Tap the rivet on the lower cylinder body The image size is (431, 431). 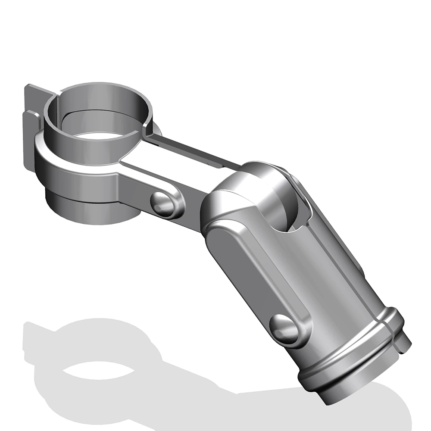pos(284,328)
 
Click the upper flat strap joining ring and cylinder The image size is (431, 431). pos(194,149)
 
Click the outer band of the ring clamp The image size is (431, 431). pos(78,172)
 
